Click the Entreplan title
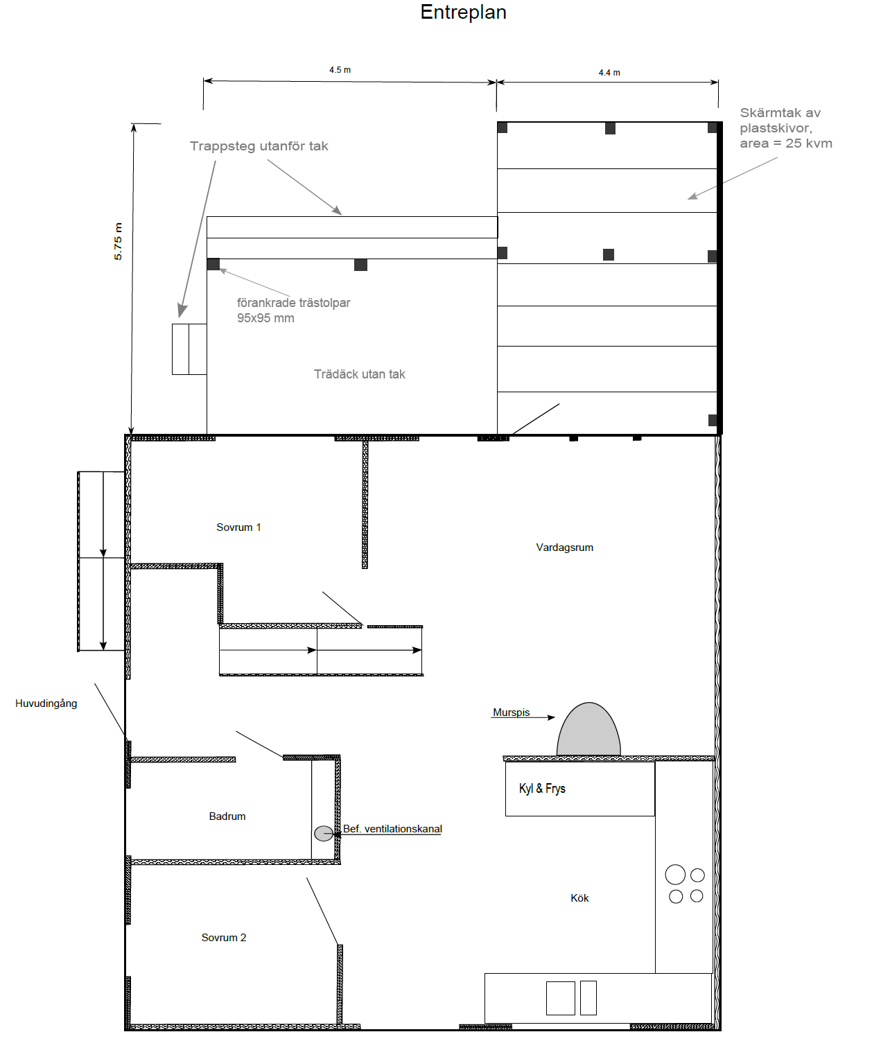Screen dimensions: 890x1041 463,12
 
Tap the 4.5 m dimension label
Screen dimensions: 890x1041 340,70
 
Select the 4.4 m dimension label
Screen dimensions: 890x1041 609,73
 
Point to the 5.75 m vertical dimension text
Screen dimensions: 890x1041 118,241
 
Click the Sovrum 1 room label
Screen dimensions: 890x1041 238,527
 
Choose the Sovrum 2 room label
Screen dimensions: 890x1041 224,937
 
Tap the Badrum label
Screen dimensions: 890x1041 227,816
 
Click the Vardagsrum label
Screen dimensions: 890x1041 565,548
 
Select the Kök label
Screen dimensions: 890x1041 579,898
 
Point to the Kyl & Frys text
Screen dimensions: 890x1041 542,788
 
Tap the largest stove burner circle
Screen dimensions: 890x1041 675,874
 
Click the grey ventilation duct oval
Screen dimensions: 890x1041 324,834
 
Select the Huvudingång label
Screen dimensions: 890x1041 46,703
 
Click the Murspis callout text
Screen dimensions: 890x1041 512,712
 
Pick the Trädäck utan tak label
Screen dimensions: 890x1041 360,374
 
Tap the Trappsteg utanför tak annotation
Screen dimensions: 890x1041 259,146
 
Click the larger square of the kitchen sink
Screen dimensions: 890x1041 561,998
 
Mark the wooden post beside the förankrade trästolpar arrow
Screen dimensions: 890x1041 213,264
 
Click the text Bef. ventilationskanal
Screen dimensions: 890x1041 392,828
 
